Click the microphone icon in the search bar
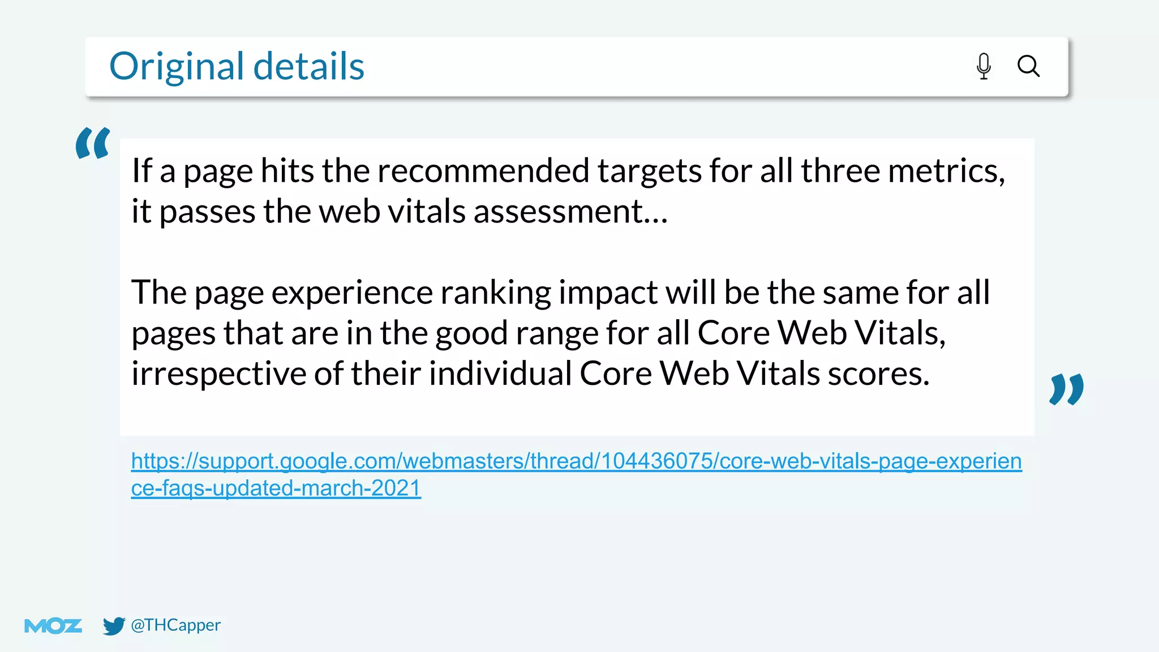[984, 66]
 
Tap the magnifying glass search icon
[1028, 66]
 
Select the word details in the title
[308, 66]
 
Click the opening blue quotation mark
[93, 143]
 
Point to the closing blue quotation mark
[1067, 389]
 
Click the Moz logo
[53, 626]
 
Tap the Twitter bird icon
[114, 626]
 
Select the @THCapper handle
[175, 625]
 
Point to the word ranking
[495, 293]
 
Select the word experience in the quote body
[352, 293]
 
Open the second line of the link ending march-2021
[276, 488]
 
